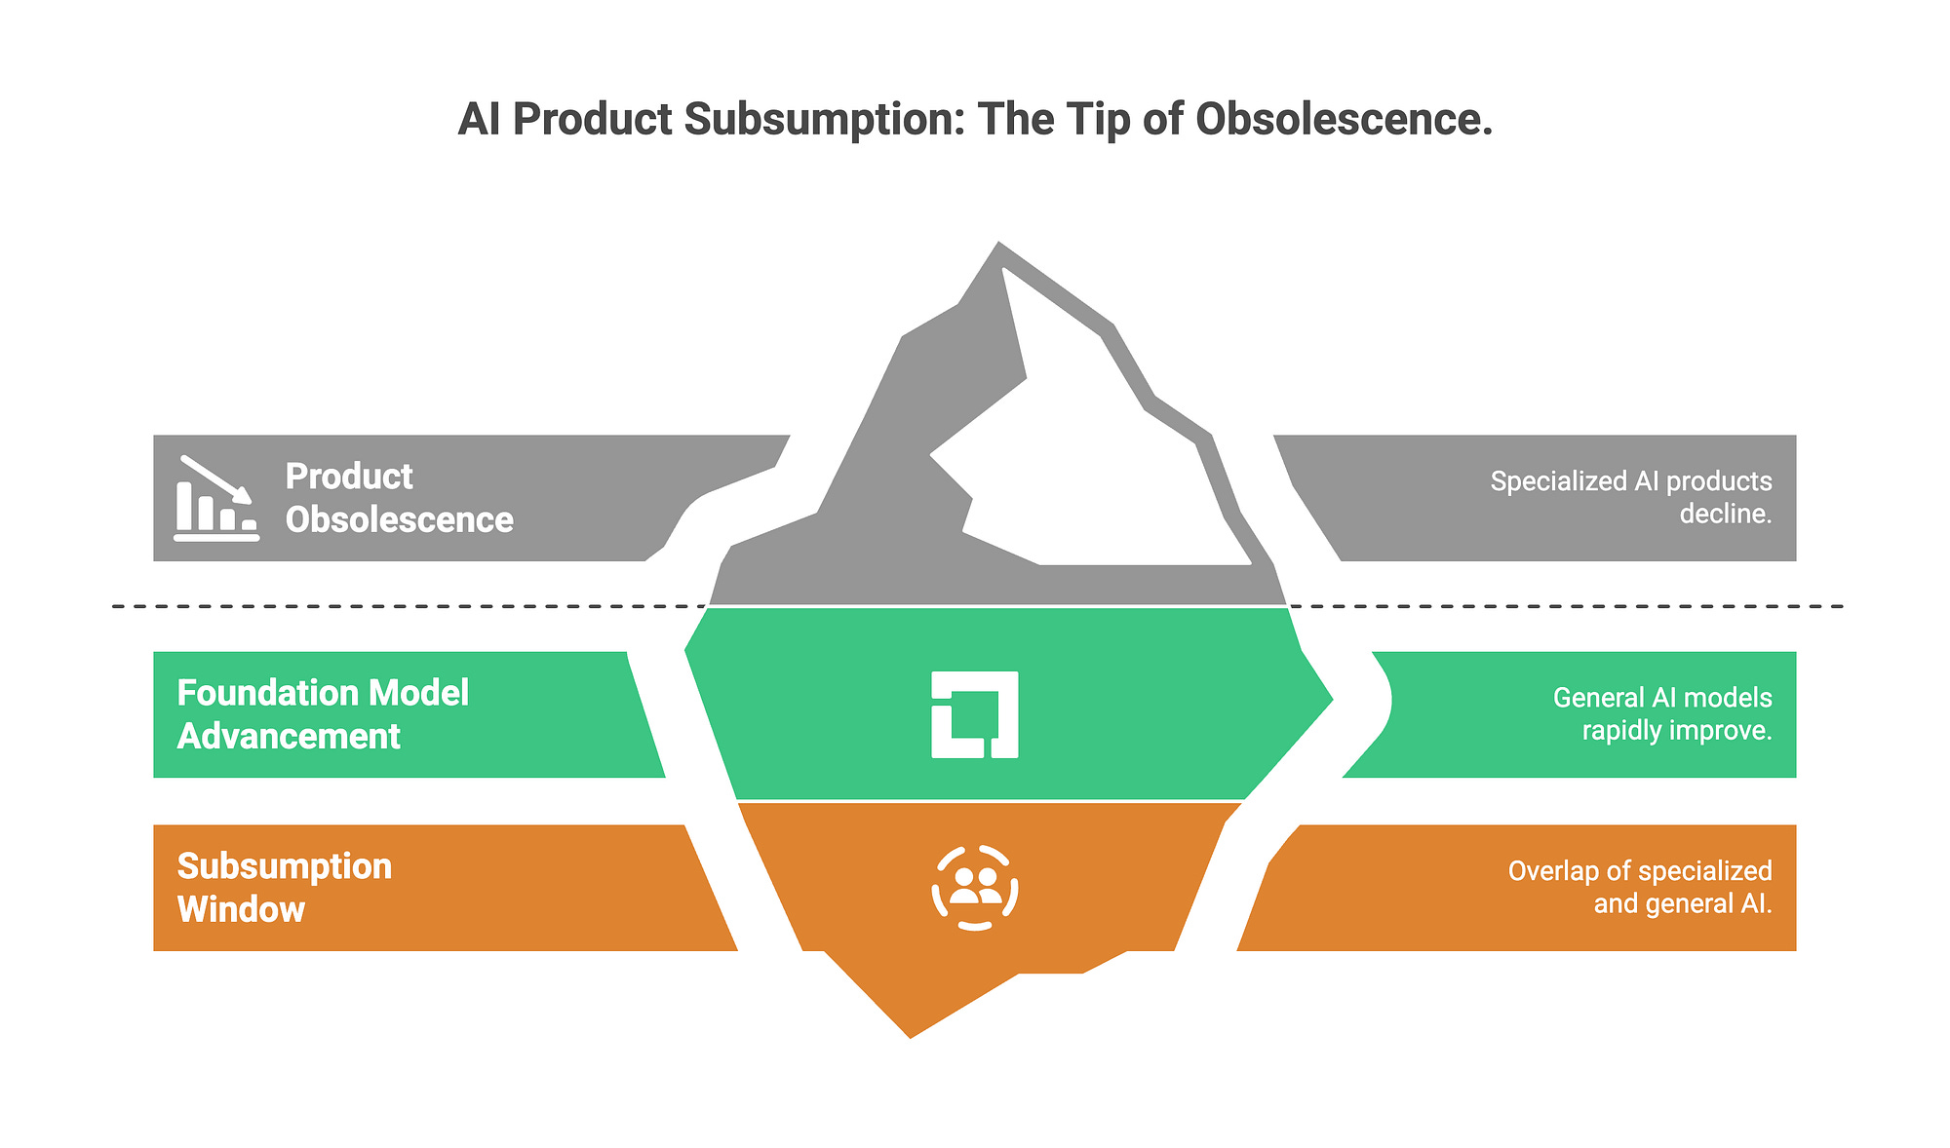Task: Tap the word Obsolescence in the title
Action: [x=1344, y=120]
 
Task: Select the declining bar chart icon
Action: [x=215, y=498]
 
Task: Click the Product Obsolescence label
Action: [x=399, y=498]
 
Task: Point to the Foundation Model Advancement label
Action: [x=323, y=714]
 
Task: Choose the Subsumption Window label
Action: [x=284, y=888]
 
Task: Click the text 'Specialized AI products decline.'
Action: [x=1630, y=497]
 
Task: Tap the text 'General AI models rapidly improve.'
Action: [x=1661, y=713]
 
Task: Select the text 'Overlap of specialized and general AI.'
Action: [x=1639, y=887]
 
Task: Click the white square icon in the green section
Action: [x=975, y=714]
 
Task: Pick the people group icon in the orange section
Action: [x=975, y=888]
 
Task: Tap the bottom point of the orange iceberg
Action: [x=911, y=1036]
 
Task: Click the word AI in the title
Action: [x=479, y=120]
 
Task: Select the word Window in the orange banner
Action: [x=241, y=909]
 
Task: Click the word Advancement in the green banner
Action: [x=289, y=736]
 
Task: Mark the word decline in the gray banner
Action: [x=1724, y=514]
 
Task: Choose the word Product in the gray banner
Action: [x=349, y=477]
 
